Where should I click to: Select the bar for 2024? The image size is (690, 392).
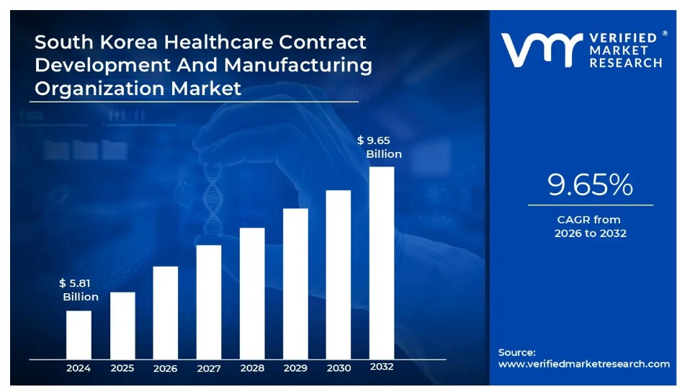[x=79, y=334]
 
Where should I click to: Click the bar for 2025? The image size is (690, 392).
[x=122, y=325]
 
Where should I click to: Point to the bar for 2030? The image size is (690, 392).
[x=339, y=274]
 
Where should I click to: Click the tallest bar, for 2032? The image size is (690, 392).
[x=382, y=262]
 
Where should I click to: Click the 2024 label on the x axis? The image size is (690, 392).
[x=79, y=368]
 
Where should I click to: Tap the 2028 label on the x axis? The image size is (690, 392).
[x=252, y=368]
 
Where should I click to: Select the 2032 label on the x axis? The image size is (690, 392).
[x=382, y=367]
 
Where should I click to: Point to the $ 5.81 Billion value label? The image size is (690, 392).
[x=80, y=290]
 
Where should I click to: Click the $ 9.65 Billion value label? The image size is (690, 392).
[x=379, y=147]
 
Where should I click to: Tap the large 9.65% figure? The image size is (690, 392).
[x=590, y=186]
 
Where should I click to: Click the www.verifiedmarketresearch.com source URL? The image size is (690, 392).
[x=584, y=364]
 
